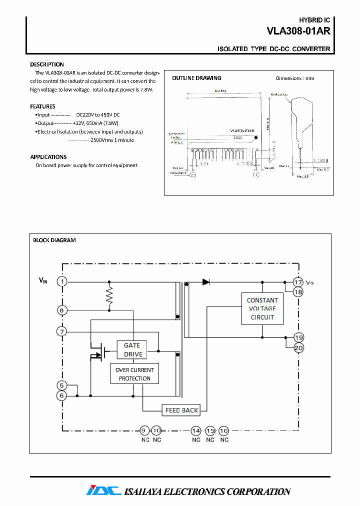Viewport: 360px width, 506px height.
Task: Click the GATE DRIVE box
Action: coord(132,350)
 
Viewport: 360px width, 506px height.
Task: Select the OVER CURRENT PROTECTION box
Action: coord(134,374)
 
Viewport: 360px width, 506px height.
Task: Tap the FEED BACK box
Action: coord(181,410)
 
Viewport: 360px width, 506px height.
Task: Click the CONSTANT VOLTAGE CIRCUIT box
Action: coord(262,308)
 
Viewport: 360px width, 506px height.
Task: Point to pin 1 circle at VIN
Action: coord(61,281)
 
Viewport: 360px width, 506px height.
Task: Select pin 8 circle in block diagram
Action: coord(61,310)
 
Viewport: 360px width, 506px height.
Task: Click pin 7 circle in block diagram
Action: coord(61,331)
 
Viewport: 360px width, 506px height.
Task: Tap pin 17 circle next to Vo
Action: coord(298,281)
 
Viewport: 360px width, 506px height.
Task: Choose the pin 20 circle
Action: coord(298,348)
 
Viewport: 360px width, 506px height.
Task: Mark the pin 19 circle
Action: coord(298,337)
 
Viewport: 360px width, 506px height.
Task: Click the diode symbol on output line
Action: coord(205,281)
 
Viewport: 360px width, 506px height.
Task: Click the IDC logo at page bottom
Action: coord(103,491)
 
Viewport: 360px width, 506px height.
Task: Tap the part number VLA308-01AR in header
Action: coord(298,30)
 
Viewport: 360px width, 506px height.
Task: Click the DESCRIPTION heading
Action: coord(47,64)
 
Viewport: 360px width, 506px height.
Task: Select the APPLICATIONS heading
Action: coord(48,157)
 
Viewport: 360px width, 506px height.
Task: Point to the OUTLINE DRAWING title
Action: coord(196,78)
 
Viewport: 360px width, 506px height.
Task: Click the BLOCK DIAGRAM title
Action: coord(54,240)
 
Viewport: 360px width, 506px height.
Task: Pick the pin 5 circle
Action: coord(61,385)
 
